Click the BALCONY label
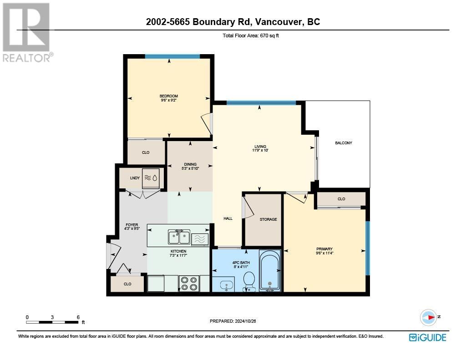344,143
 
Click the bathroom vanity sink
226,285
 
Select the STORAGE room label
268,219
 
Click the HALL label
228,218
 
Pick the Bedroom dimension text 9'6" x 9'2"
168,100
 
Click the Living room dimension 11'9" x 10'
261,151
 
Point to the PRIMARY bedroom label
324,249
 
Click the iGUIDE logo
427,337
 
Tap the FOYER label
132,225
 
